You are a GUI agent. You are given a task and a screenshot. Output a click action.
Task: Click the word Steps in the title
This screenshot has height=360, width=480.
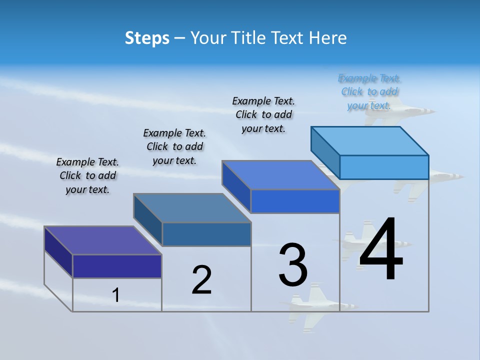click(147, 38)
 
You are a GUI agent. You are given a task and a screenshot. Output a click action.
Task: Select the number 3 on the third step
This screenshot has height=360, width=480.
click(293, 265)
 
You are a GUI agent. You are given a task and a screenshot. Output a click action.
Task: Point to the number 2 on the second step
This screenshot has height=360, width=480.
click(202, 280)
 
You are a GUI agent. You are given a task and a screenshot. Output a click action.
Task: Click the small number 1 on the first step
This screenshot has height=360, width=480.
click(115, 295)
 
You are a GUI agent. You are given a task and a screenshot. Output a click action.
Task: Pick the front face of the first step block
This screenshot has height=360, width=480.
click(117, 266)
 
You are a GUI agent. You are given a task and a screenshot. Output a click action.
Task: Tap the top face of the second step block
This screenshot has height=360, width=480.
click(192, 207)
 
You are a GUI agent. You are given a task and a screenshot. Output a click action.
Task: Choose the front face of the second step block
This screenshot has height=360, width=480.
click(206, 234)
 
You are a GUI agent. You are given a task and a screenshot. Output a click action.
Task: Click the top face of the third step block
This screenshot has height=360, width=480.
click(280, 175)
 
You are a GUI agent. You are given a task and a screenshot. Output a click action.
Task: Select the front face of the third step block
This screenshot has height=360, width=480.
click(295, 201)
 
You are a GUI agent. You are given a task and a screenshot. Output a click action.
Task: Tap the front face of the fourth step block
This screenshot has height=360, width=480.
click(384, 167)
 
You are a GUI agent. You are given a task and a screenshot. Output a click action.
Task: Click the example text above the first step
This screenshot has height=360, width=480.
click(87, 175)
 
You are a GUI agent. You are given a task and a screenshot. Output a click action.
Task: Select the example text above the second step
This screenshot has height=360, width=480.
click(174, 146)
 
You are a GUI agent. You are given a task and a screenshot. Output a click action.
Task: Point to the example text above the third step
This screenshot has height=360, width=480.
click(263, 114)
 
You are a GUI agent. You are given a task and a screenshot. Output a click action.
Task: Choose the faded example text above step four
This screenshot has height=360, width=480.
click(369, 91)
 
